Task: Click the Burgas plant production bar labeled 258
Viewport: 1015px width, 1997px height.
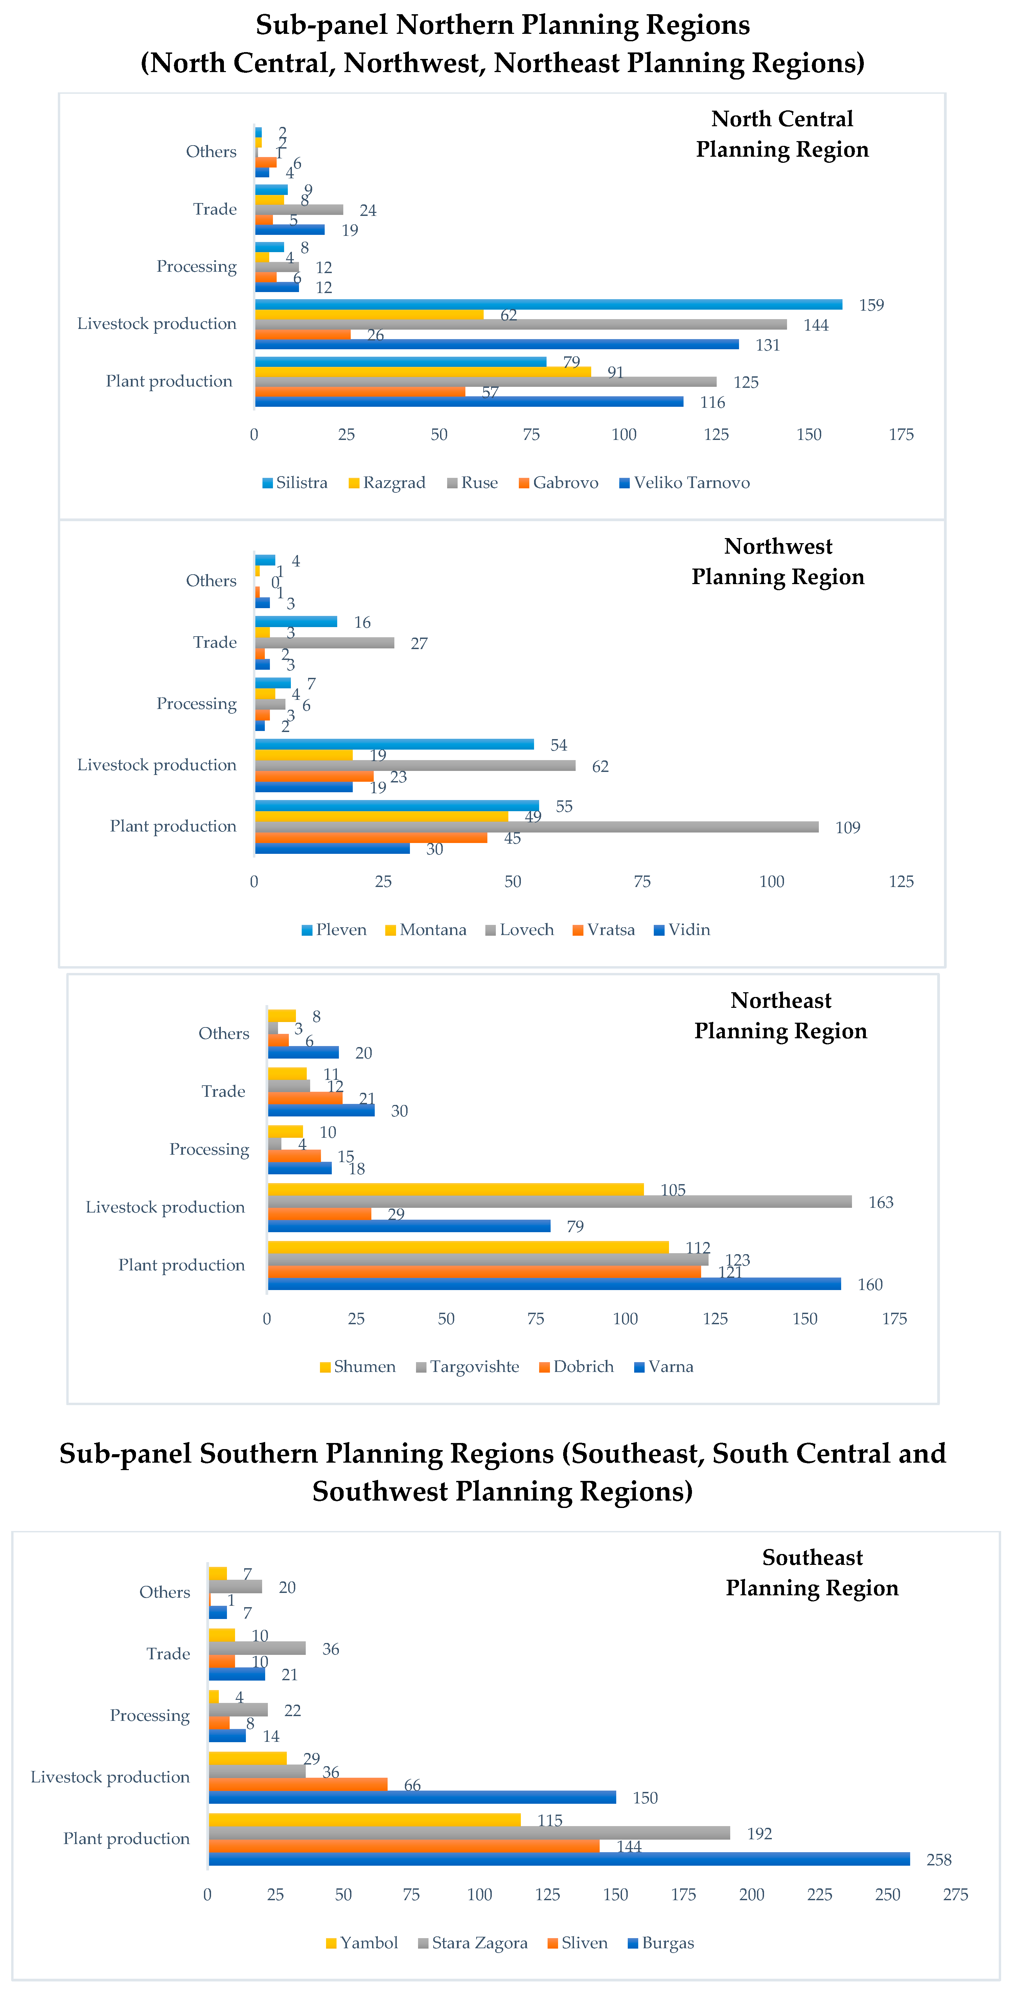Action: click(559, 1859)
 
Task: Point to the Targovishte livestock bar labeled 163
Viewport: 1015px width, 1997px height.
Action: click(559, 1202)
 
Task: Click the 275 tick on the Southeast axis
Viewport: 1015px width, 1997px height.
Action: click(955, 1895)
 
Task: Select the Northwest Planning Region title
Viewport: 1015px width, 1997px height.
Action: click(778, 561)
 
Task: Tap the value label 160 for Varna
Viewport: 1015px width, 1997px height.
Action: click(869, 1285)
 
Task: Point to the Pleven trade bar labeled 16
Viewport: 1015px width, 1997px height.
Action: click(296, 622)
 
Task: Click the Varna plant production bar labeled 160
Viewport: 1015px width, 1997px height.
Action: click(554, 1284)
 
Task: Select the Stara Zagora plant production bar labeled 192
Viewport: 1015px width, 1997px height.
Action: click(469, 1833)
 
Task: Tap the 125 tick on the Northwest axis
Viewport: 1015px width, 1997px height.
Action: click(901, 882)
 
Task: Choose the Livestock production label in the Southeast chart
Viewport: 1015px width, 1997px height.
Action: click(110, 1777)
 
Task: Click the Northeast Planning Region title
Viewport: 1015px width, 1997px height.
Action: click(780, 1016)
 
